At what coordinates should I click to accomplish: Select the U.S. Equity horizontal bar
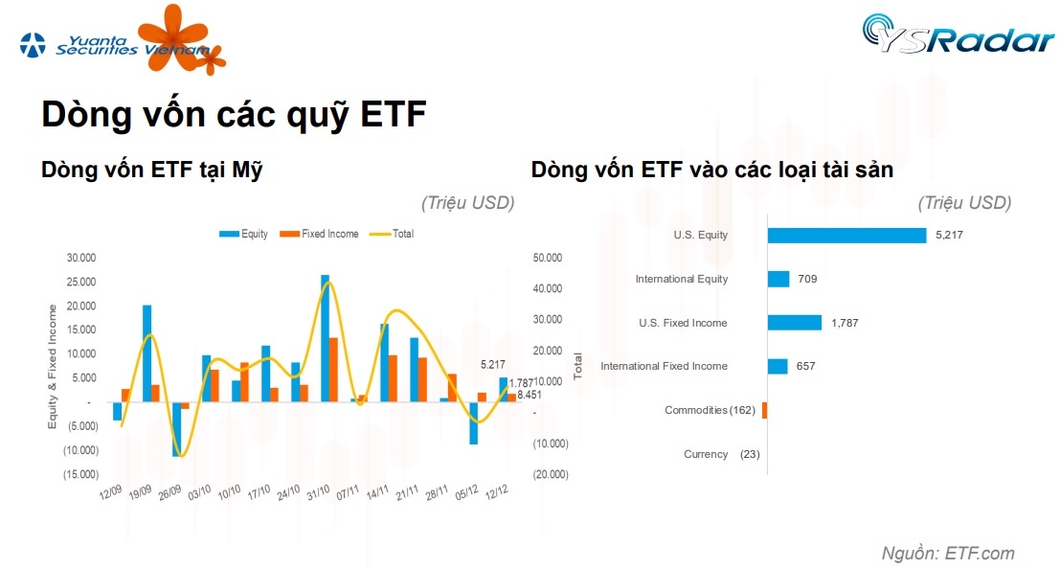(x=846, y=235)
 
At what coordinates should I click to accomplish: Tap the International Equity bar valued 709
(x=778, y=279)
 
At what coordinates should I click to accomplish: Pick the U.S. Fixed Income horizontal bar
(x=794, y=323)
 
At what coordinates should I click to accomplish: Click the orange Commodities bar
(x=764, y=410)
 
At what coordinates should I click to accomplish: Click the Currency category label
(x=706, y=454)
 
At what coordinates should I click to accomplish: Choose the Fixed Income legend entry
(x=320, y=234)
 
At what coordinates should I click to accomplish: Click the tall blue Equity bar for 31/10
(x=325, y=338)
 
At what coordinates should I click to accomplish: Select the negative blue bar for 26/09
(x=176, y=428)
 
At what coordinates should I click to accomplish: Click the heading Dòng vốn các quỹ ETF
(x=234, y=114)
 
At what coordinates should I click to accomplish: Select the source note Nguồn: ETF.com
(x=947, y=553)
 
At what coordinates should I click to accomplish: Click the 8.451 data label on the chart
(x=529, y=393)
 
